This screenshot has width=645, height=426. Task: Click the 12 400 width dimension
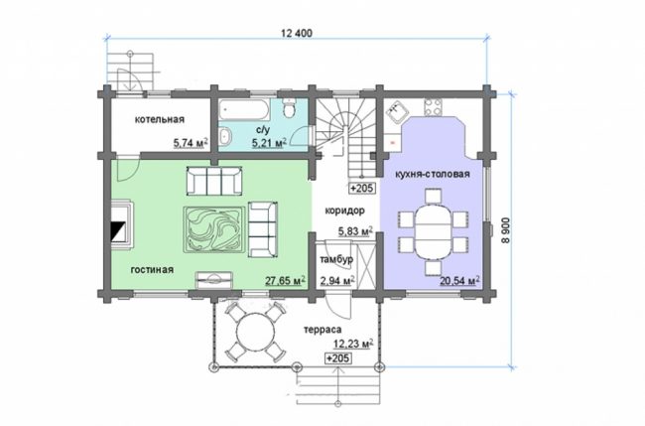(x=296, y=33)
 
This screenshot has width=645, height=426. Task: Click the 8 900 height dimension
(x=506, y=230)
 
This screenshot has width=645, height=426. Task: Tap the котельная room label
(x=160, y=120)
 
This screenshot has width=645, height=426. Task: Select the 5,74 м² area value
(x=191, y=143)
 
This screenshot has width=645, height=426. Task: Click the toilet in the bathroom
(x=290, y=107)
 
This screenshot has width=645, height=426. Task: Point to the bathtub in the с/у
(x=243, y=109)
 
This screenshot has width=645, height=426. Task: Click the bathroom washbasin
(x=225, y=137)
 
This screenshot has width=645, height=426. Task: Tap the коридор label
(x=344, y=211)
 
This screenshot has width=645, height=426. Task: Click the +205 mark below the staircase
(x=362, y=188)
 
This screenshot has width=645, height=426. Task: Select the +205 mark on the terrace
(x=338, y=358)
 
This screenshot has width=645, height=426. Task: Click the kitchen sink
(x=396, y=111)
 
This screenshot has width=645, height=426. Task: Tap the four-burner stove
(x=434, y=107)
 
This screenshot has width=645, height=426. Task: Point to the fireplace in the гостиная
(x=121, y=223)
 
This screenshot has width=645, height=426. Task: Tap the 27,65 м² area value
(x=285, y=281)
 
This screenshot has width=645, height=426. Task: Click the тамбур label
(x=336, y=260)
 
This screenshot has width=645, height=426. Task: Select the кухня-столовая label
(x=433, y=174)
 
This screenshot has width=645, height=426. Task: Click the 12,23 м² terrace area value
(x=353, y=344)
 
